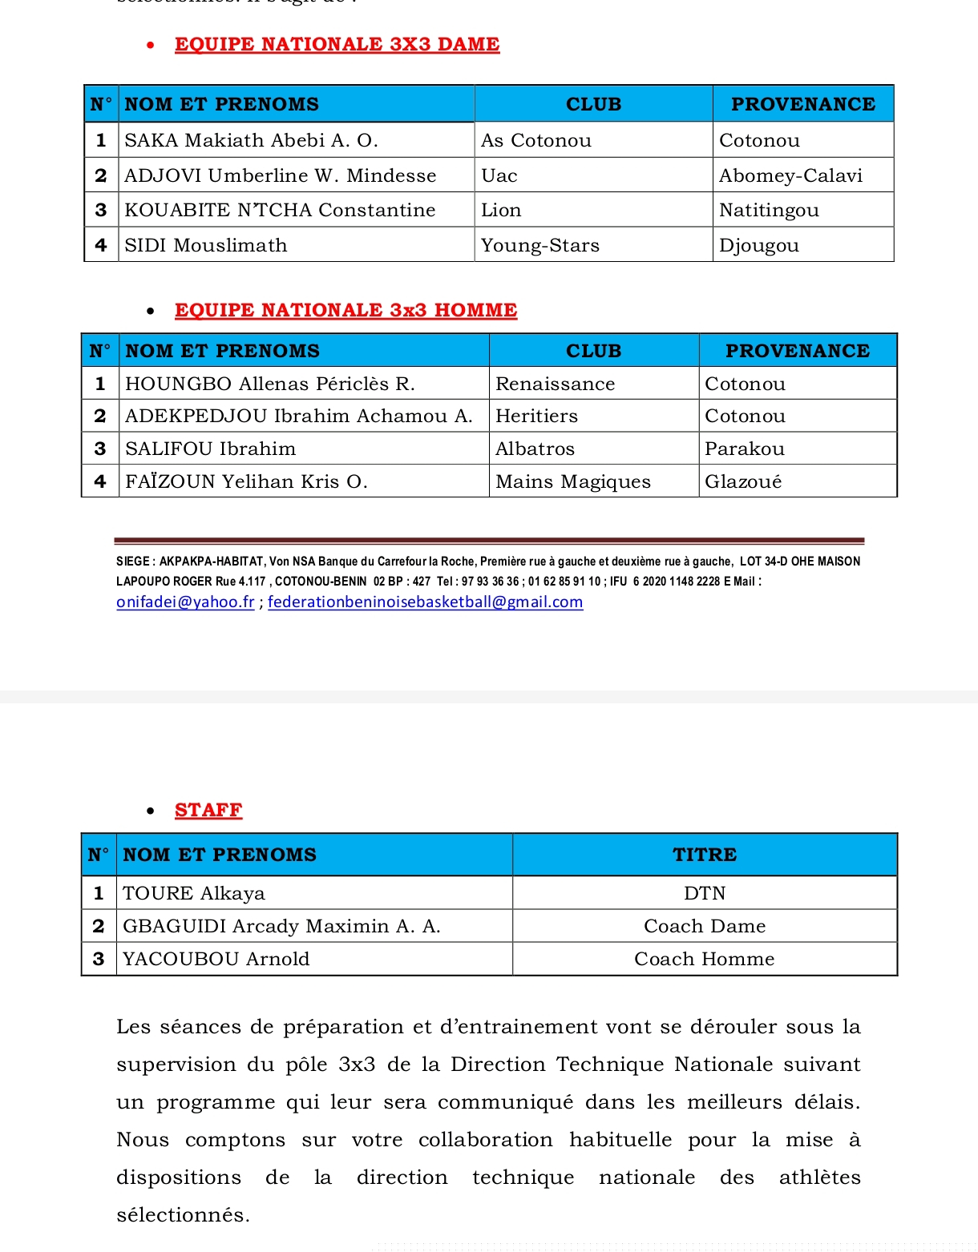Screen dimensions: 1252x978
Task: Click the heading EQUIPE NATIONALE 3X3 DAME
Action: (x=337, y=44)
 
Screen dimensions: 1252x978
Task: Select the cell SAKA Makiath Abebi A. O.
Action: (x=251, y=140)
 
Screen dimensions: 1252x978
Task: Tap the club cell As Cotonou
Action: (x=535, y=140)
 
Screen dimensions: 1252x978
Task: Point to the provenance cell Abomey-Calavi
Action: (x=790, y=175)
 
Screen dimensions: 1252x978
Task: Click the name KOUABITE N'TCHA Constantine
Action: (x=280, y=210)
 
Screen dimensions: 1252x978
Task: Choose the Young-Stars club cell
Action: (x=540, y=245)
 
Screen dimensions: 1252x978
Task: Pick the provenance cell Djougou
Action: (x=758, y=245)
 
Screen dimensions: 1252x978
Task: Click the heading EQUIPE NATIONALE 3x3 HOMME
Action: (x=346, y=310)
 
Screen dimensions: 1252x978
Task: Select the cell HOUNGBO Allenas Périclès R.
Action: (x=270, y=384)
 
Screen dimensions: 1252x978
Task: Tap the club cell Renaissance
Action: (x=555, y=384)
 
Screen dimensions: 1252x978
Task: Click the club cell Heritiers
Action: (x=536, y=416)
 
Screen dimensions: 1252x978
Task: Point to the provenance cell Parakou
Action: (x=744, y=449)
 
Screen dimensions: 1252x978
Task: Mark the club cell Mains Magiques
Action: (x=572, y=481)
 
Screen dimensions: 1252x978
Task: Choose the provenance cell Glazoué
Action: (x=742, y=481)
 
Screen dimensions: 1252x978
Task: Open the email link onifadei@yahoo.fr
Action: (x=185, y=602)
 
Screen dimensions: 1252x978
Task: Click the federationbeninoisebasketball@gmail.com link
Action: (x=425, y=602)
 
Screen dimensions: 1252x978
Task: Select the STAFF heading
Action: (x=208, y=810)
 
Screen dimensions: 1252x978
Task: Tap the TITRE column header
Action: (x=704, y=855)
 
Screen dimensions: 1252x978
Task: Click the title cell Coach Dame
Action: (x=704, y=926)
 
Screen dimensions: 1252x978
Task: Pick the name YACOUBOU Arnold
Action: (x=216, y=959)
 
